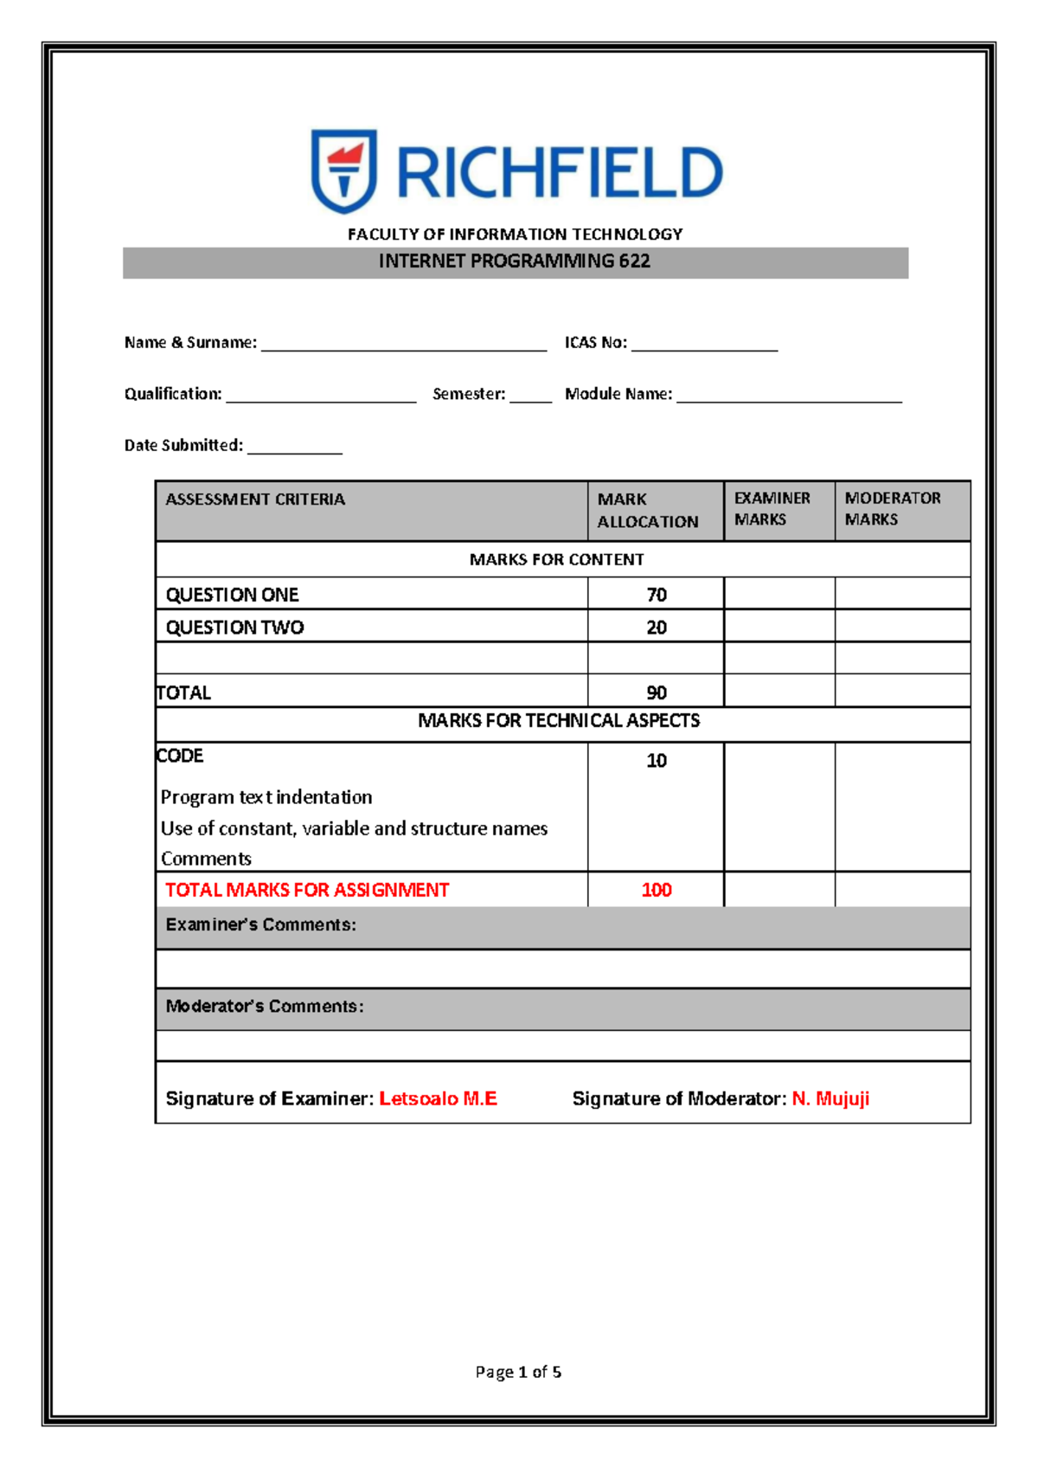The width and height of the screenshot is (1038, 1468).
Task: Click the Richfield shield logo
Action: (343, 171)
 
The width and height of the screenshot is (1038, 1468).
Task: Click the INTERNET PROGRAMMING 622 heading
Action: (515, 261)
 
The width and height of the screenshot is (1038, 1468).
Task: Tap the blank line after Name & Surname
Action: (404, 344)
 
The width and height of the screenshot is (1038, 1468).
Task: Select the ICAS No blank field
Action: (704, 344)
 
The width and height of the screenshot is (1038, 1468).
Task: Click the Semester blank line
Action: (530, 396)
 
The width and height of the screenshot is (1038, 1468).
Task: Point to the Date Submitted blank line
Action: (295, 447)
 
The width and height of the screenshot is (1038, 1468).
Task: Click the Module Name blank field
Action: (789, 396)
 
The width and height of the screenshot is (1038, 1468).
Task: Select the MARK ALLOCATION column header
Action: (648, 511)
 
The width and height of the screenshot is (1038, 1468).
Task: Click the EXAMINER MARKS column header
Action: (772, 509)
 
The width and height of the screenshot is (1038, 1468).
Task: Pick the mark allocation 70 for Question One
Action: (657, 595)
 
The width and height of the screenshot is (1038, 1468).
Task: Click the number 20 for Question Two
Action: (657, 628)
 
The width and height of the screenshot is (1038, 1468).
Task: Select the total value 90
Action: (657, 692)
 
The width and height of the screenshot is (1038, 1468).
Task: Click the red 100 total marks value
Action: (657, 890)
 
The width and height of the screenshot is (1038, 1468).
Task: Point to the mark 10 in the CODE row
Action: (657, 761)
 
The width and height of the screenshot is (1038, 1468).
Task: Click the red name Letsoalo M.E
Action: (438, 1098)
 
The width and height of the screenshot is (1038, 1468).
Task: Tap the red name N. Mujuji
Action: (830, 1098)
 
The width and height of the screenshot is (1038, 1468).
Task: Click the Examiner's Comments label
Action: (260, 924)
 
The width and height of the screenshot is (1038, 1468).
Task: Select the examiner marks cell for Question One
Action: (779, 594)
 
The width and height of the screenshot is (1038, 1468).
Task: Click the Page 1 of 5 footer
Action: (518, 1372)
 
